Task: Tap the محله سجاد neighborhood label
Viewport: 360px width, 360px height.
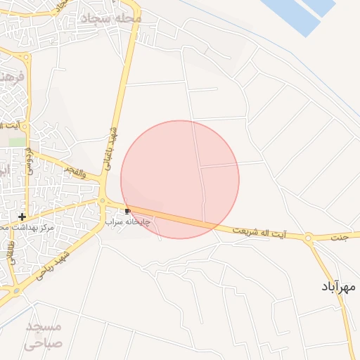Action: pos(111,18)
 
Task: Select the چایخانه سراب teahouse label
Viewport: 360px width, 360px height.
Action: pos(128,221)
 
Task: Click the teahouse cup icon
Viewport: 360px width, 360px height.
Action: pos(127,211)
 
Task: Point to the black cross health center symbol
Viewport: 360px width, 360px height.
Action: pos(22,216)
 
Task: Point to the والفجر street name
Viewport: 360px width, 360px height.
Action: pos(72,172)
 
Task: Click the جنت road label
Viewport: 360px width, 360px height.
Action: pos(340,238)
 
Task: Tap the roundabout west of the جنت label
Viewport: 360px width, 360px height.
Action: pos(309,239)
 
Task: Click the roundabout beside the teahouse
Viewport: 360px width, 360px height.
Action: pos(103,202)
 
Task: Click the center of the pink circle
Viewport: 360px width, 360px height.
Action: pos(180,179)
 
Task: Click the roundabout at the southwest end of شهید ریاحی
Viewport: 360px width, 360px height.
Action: pos(15,289)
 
